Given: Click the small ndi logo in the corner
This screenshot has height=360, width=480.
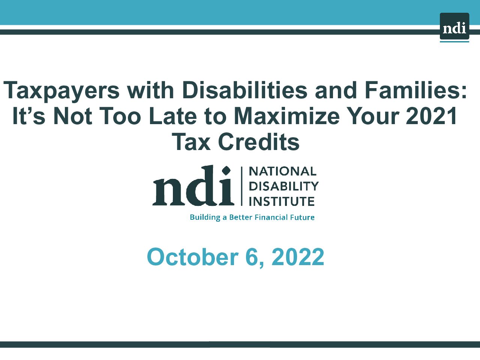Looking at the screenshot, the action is (454, 27).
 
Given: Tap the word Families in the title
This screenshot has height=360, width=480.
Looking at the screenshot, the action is (412, 90).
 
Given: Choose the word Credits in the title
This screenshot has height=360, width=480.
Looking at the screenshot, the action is (259, 142).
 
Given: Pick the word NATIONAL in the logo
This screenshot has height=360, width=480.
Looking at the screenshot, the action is (282, 171).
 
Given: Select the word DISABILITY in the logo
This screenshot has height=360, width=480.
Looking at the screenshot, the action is (283, 186).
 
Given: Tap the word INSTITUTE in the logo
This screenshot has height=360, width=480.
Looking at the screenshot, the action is (282, 201).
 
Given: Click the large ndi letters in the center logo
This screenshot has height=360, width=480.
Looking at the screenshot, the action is (193, 185).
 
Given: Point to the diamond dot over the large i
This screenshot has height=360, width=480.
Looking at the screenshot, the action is (226, 171).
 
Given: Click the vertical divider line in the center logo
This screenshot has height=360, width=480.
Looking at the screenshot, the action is (241, 186).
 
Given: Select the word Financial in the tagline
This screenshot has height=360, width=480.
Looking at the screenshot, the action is (271, 217).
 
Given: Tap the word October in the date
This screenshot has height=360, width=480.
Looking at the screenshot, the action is (193, 257).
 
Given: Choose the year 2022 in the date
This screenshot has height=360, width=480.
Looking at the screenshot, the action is (298, 257).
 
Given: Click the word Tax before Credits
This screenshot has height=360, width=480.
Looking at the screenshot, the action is (191, 142).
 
